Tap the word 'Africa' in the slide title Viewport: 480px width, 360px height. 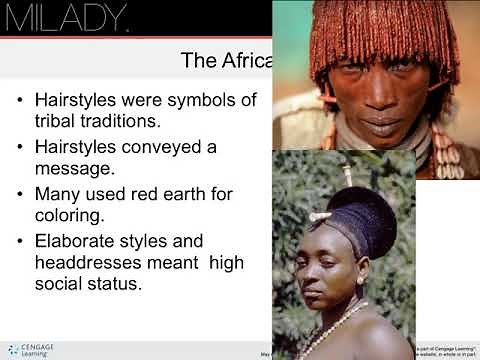tap(243, 61)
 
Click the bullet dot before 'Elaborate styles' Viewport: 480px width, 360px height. tap(21, 241)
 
